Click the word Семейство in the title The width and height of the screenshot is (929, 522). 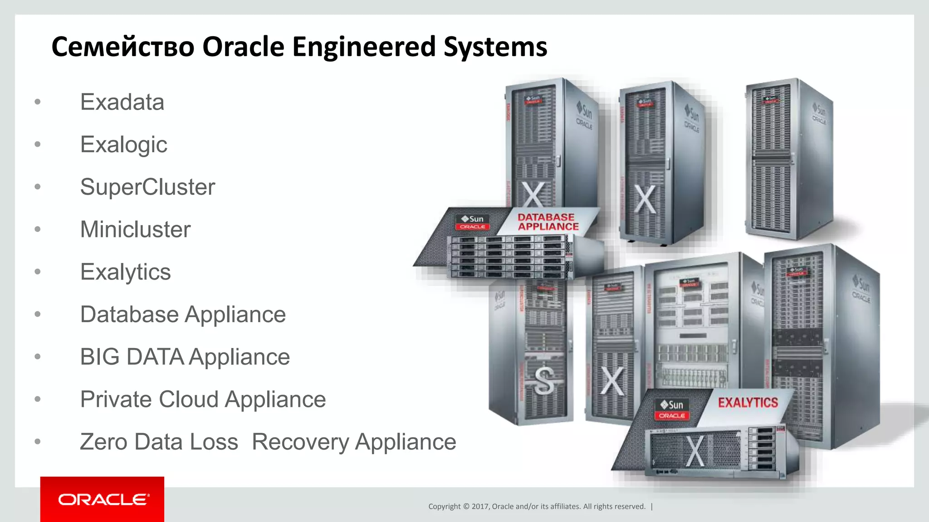[123, 47]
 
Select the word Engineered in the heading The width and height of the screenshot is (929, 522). [363, 47]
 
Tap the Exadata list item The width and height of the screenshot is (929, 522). [122, 102]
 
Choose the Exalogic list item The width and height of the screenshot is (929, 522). [123, 145]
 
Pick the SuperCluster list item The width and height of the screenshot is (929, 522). [147, 187]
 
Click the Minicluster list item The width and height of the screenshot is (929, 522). [135, 229]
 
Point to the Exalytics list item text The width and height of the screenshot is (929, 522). [125, 272]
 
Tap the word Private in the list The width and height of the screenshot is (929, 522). [115, 399]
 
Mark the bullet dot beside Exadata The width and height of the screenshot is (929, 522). [38, 102]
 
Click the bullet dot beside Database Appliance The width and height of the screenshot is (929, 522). [38, 314]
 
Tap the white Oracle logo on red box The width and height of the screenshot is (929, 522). [103, 500]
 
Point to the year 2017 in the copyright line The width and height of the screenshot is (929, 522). [480, 507]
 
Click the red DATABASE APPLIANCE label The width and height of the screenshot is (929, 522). [548, 222]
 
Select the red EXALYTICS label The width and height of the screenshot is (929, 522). [748, 402]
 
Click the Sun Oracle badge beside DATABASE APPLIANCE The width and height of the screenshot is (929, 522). [472, 222]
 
